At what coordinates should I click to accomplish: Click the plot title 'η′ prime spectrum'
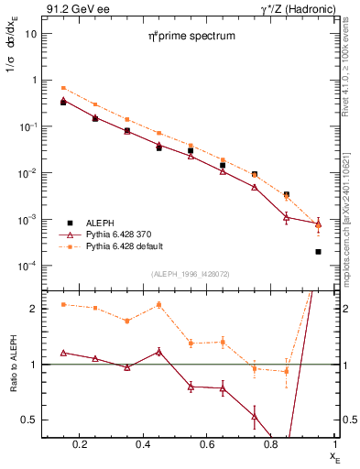click(193, 37)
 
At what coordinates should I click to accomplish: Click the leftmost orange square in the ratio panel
click(63, 304)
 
